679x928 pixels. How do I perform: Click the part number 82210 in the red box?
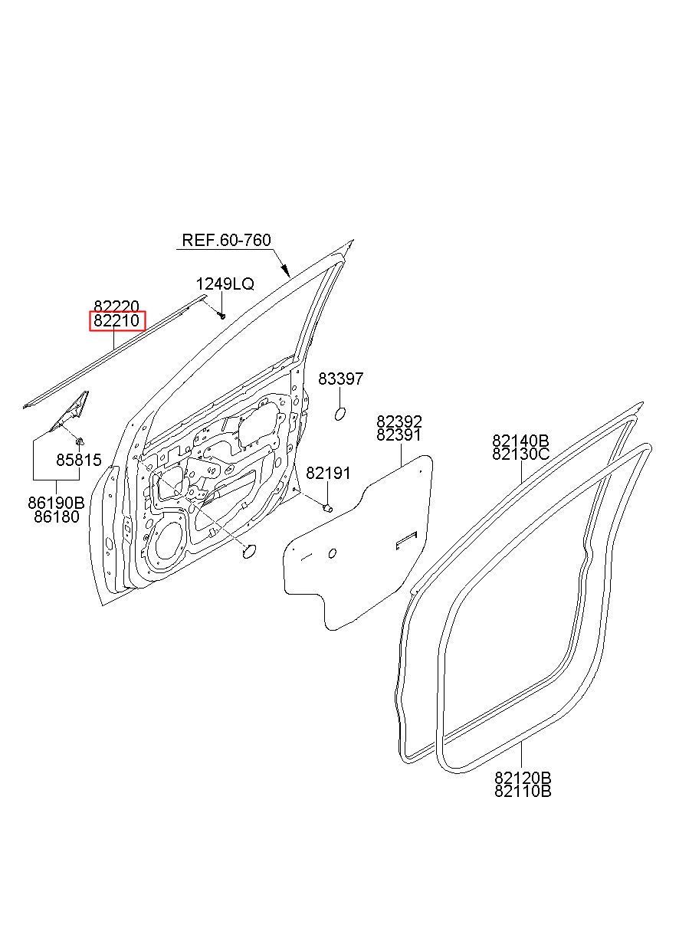(117, 321)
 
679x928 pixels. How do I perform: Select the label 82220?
(116, 307)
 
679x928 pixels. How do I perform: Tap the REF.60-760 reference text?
(226, 241)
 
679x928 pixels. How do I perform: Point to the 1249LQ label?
(225, 284)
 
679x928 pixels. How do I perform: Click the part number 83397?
(340, 379)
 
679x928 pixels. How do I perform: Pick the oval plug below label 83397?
(341, 415)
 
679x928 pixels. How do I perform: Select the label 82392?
(399, 422)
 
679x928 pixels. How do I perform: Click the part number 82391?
(399, 435)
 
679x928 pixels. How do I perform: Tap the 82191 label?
(328, 474)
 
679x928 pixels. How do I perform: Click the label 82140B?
(521, 441)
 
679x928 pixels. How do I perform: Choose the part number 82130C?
(521, 454)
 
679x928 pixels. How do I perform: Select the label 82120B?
(523, 779)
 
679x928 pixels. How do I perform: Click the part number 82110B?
(523, 792)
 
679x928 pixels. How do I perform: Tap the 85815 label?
(78, 461)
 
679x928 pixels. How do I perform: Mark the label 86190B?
(56, 503)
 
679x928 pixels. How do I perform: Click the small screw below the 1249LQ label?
(221, 315)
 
